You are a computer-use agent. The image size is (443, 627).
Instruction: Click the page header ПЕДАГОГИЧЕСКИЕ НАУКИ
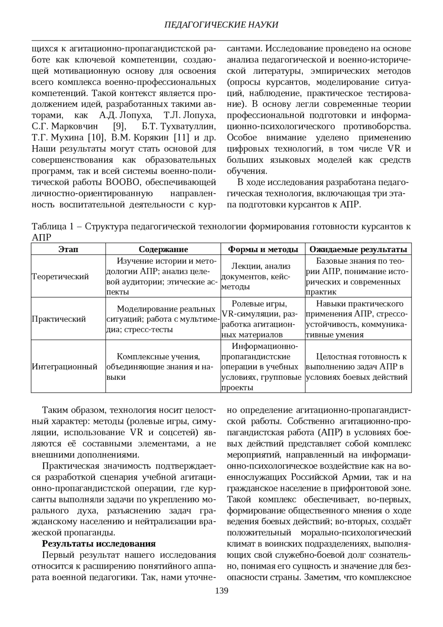point(221,25)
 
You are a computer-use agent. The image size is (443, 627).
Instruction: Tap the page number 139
point(221,590)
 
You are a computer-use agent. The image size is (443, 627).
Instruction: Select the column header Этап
point(68,249)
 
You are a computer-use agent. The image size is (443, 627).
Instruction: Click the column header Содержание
point(163,249)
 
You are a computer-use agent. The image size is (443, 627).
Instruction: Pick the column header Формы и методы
point(263,249)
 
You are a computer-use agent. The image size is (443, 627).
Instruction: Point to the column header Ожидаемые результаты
point(358,249)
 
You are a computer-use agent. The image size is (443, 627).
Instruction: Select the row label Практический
point(59,319)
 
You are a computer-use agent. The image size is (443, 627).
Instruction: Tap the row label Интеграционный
point(65,367)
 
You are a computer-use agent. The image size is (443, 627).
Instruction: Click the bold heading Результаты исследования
point(99,543)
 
